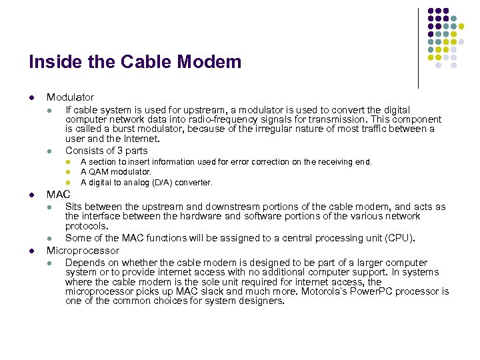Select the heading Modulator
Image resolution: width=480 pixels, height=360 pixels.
click(70, 97)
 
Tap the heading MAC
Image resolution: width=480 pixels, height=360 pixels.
click(58, 195)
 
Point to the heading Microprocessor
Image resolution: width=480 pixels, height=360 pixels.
click(83, 251)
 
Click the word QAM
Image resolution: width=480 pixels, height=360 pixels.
click(98, 172)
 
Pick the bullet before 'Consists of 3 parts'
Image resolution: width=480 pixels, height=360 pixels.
click(49, 151)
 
